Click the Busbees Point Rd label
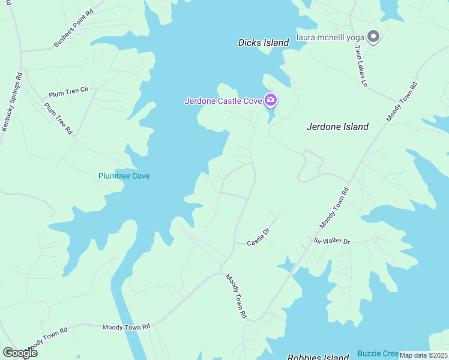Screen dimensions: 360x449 tap(74, 28)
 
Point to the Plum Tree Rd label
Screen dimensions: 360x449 tap(58, 118)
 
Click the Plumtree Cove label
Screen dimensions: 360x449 tap(124, 176)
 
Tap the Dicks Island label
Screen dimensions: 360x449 tap(264, 43)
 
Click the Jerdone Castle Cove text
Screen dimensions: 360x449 tap(223, 101)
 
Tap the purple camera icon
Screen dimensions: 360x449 tap(271, 100)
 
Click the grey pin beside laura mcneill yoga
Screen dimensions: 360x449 tap(373, 37)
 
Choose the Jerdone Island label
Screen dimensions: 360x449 tap(337, 127)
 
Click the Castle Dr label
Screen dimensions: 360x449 tap(259, 237)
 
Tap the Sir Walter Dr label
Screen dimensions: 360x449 tap(331, 241)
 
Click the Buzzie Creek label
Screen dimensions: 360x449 tap(378, 353)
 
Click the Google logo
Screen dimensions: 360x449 tap(20, 353)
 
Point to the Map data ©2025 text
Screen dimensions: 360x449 tap(423, 355)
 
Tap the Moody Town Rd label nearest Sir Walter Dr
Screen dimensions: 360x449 tap(334, 208)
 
